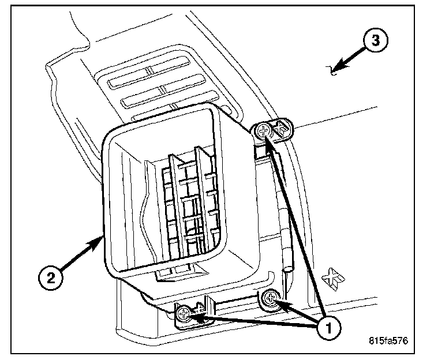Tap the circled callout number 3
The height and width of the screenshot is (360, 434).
tap(375, 41)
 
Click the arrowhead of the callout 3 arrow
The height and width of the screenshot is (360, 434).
tap(336, 68)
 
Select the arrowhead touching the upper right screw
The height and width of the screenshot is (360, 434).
tap(268, 136)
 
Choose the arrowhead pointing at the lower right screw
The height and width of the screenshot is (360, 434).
tap(278, 303)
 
